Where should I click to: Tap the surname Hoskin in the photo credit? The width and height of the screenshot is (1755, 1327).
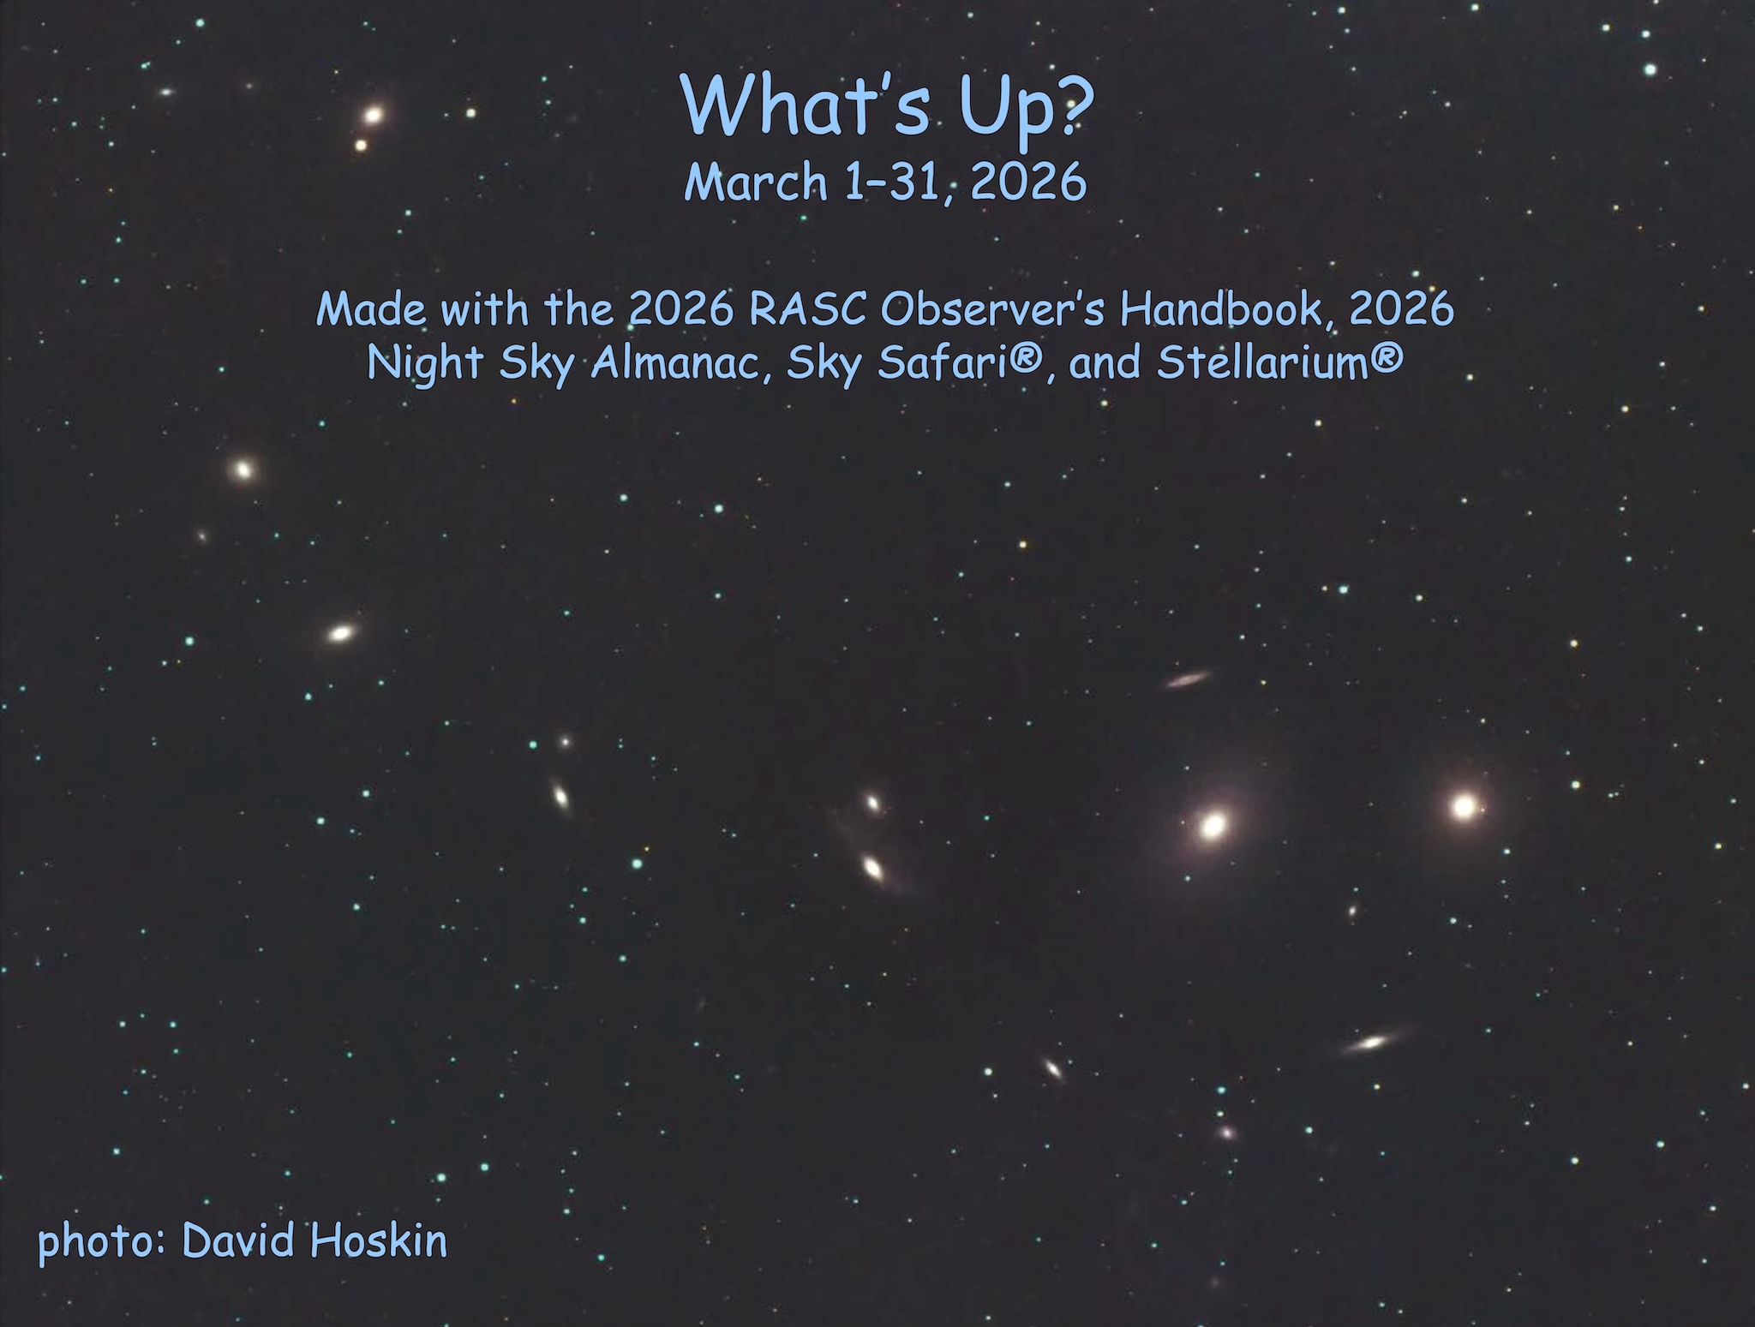point(378,1240)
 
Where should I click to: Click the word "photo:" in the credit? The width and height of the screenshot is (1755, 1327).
point(102,1242)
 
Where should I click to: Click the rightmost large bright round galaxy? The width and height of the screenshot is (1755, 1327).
point(1464,806)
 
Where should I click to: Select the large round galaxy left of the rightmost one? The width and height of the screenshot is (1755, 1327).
point(1213,826)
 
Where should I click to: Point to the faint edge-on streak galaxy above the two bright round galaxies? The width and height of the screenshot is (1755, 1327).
point(1188,680)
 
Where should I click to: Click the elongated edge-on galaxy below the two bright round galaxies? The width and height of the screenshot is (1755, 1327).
point(1373,1043)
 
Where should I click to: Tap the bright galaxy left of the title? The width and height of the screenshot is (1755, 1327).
point(373,114)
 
